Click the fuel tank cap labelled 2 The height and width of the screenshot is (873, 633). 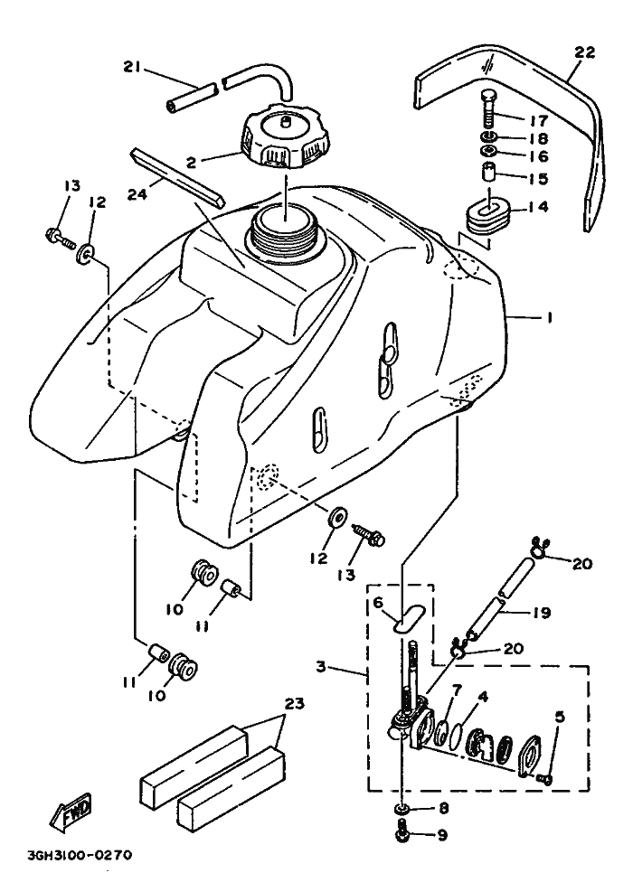pos(285,140)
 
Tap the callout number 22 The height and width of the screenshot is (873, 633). pos(584,52)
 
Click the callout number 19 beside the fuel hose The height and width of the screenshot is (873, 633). pos(542,612)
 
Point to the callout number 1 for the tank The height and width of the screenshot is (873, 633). pos(547,319)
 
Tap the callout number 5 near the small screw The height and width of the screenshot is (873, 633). pos(560,717)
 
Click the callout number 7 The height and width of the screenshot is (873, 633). pos(457,690)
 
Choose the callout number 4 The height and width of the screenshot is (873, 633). pos(484,697)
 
